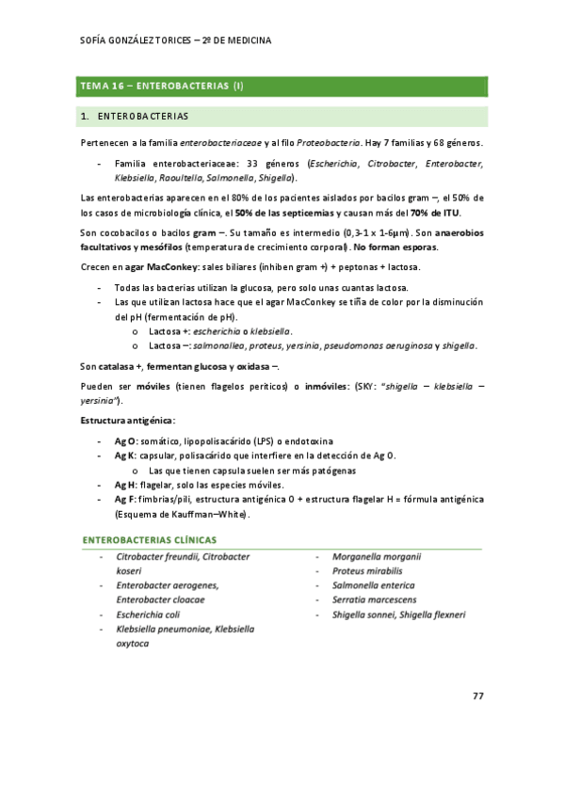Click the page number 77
(x=478, y=695)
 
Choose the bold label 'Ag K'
(x=125, y=455)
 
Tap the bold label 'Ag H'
(x=125, y=485)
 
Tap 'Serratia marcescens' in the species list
(x=374, y=599)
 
